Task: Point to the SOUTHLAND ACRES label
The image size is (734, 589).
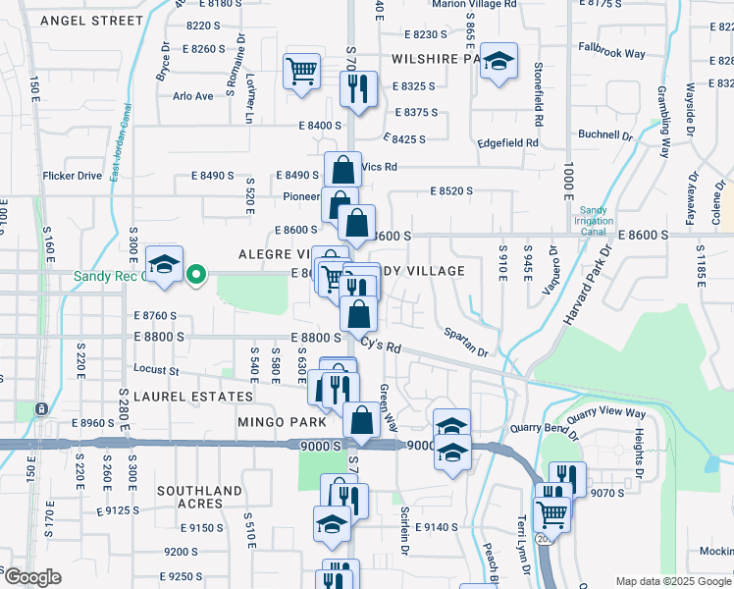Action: pos(199,497)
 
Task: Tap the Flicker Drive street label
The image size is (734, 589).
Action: pos(72,176)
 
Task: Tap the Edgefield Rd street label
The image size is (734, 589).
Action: pos(508,142)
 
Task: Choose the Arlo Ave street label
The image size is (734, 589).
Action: pos(192,96)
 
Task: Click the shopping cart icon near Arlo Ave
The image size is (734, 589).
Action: pos(301,71)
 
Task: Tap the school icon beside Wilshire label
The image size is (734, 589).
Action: pos(499,62)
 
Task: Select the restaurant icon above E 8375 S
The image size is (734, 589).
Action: pos(353,87)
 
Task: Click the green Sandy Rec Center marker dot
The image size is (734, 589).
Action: pos(196,275)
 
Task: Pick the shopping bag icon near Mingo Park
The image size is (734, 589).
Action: pos(361,419)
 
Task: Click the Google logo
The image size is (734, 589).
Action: pos(31,577)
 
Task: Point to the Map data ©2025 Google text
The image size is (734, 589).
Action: pos(673,581)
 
